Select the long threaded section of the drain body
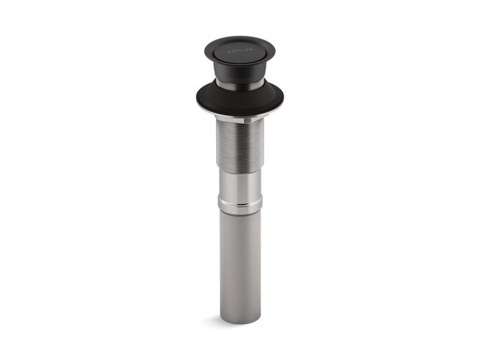(239, 144)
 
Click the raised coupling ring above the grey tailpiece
(239, 206)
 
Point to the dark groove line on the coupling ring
(239, 203)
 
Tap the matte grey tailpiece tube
(239, 264)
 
